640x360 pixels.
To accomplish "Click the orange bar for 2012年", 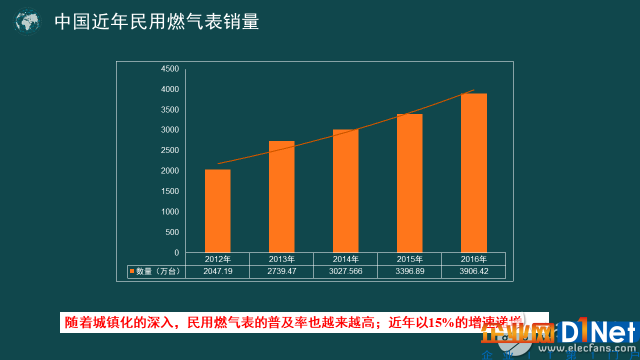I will [218, 210].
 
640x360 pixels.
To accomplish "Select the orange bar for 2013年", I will [282, 196].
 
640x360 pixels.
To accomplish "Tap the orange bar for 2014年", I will [346, 190].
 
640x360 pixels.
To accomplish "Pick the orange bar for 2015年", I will [410, 182].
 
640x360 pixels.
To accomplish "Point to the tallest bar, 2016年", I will [474, 172].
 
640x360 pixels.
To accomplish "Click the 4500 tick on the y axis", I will [169, 69].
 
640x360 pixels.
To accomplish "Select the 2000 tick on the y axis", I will [169, 171].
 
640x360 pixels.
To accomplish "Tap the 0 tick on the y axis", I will [176, 253].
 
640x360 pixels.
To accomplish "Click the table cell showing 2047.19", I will [218, 271].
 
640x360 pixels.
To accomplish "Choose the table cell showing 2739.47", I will [282, 271].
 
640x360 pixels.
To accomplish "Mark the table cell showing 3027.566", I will [346, 271].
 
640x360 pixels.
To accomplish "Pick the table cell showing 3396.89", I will [410, 271].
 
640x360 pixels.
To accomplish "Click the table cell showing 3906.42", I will [474, 271].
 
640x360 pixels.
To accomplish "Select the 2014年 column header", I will [346, 259].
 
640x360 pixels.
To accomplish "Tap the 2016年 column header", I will [474, 259].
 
